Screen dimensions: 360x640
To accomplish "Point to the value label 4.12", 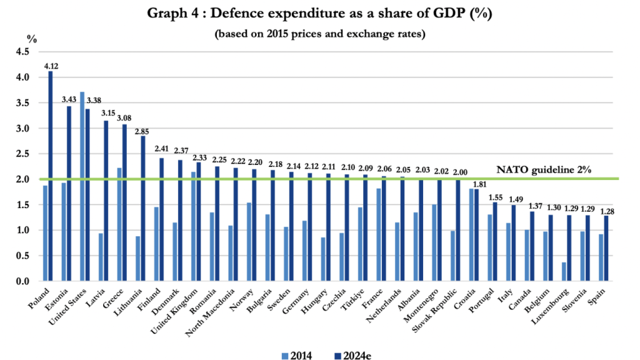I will (x=51, y=66).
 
